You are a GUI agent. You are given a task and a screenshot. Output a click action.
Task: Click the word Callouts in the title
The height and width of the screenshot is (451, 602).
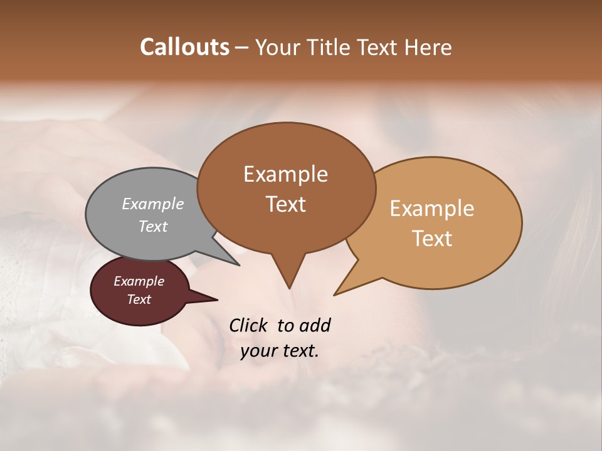tap(184, 47)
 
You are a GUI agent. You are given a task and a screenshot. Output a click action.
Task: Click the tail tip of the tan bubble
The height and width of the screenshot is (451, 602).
tap(336, 294)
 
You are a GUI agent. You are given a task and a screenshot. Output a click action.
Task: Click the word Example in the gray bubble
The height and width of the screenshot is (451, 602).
tap(153, 204)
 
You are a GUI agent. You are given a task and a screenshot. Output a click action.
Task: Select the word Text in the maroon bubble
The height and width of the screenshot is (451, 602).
tap(139, 299)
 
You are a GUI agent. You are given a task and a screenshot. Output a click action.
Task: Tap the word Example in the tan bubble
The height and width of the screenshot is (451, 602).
tap(432, 209)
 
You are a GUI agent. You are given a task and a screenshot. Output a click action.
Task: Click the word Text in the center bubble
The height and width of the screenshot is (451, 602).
tap(286, 204)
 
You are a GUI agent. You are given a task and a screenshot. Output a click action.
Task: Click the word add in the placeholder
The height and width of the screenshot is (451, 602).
tap(315, 325)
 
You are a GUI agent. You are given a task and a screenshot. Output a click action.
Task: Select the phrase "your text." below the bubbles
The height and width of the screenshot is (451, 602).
tap(280, 351)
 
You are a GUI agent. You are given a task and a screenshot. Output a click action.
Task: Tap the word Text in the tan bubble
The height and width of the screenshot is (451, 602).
tap(433, 239)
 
